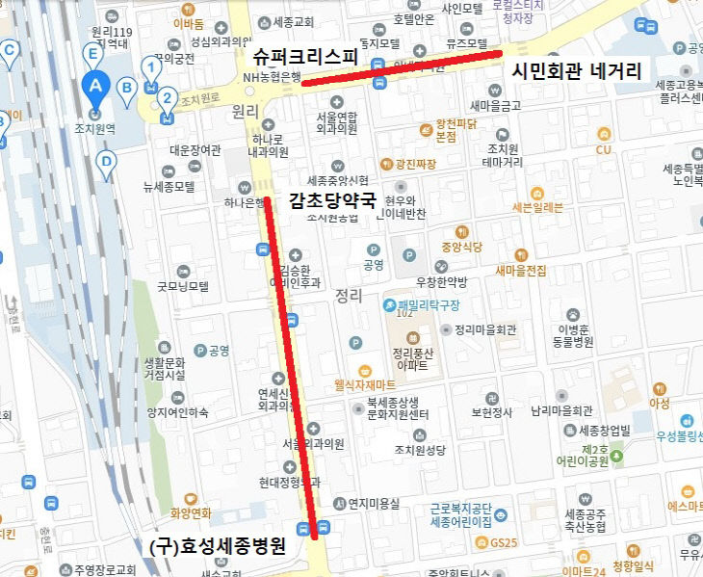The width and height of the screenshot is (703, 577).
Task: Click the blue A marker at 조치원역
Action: pos(94,85)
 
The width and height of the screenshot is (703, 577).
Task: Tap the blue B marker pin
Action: pos(125,88)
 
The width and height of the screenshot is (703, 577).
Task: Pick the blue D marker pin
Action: pos(106,162)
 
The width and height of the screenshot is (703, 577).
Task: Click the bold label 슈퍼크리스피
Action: pos(299,58)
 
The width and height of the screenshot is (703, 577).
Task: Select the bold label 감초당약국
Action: pos(333,201)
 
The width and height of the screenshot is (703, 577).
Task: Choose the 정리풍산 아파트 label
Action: pos(415,358)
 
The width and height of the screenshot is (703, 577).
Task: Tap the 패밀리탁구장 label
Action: pos(430,305)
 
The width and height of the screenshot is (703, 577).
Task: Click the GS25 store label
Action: pos(503,543)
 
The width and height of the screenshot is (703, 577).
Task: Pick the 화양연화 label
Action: pos(190,513)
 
